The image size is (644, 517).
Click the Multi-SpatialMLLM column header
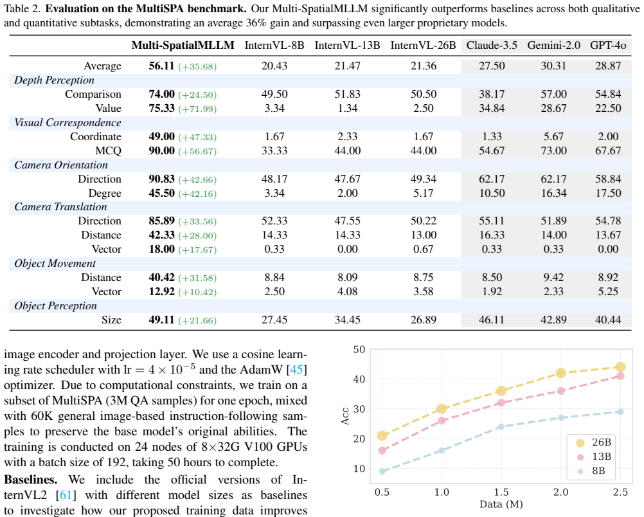pos(183,45)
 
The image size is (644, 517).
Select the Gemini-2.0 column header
pos(553,45)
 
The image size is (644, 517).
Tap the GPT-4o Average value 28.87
pos(608,66)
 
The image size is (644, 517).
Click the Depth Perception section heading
pos(54,80)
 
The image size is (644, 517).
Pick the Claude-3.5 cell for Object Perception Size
pos(492,320)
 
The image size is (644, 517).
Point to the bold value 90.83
pos(161,179)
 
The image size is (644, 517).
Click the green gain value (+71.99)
pos(197,109)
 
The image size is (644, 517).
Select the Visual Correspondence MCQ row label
pos(108,151)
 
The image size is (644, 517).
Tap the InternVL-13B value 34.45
pos(348,320)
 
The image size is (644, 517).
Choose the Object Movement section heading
pos(55,264)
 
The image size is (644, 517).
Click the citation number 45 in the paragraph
pos(296,370)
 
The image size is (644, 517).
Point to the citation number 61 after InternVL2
pos(66,494)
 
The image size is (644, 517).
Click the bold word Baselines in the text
pos(30,480)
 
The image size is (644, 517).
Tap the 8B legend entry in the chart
pos(591,471)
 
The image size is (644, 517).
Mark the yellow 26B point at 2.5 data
pos(620,367)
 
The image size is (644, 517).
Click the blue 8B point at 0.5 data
pos(382,471)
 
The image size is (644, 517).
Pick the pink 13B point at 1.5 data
pos(501,403)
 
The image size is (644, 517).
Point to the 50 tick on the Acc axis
pos(359,349)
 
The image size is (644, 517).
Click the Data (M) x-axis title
pos(501,504)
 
